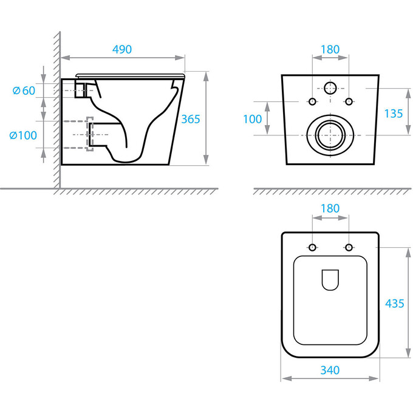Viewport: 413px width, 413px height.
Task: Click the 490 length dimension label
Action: [x=121, y=49]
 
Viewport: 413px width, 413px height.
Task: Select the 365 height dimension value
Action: [x=191, y=119]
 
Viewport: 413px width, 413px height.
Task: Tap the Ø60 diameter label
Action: [x=24, y=90]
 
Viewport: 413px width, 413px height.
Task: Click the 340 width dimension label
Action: [x=330, y=369]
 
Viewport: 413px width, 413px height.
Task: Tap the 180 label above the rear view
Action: [x=330, y=49]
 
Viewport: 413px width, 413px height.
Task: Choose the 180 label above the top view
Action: [x=330, y=208]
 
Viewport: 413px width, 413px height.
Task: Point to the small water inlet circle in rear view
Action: [x=330, y=88]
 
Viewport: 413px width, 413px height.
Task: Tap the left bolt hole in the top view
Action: [x=313, y=247]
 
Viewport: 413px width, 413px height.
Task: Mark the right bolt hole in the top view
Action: [x=349, y=247]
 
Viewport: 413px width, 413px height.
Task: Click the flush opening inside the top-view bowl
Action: [x=330, y=279]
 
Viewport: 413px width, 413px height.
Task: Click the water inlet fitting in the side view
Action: [x=81, y=90]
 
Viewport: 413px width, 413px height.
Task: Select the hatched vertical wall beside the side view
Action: [x=56, y=109]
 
